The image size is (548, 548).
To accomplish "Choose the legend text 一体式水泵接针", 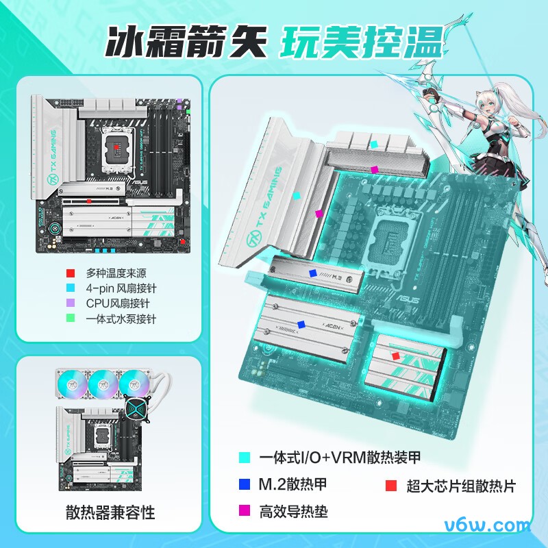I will tap(121, 319).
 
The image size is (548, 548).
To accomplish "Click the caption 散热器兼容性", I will tap(110, 512).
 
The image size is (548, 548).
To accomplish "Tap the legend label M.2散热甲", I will tap(293, 484).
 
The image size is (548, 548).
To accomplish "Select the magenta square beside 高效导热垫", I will tap(243, 511).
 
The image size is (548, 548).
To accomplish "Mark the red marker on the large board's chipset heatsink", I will tap(395, 356).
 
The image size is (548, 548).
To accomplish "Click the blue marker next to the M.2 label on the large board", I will tap(313, 273).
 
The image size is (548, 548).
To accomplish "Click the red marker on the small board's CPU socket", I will tap(116, 147).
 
